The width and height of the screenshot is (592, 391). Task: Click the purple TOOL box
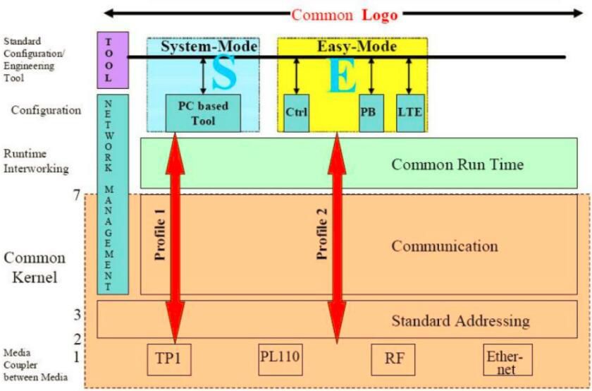tap(108, 59)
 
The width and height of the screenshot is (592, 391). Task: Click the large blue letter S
tap(223, 75)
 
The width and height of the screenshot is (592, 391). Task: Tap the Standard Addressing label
tap(460, 320)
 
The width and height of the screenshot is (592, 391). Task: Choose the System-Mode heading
tap(209, 47)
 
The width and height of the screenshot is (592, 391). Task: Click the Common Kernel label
tap(39, 267)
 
